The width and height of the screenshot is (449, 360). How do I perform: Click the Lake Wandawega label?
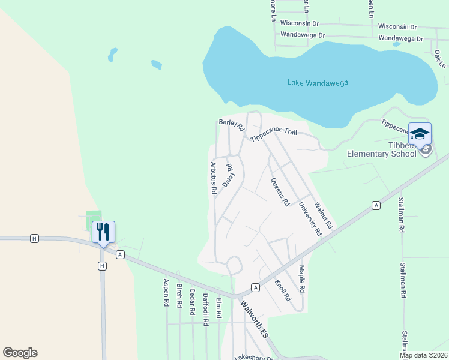click(318, 83)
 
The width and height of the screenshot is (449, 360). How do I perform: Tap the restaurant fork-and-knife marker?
click(103, 232)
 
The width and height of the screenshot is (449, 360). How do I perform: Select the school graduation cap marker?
click(420, 134)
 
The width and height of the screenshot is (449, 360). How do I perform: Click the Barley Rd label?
click(232, 124)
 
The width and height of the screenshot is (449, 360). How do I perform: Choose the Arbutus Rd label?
click(213, 177)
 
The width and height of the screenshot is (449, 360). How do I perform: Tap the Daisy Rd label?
click(228, 175)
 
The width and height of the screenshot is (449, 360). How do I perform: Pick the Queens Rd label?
click(280, 192)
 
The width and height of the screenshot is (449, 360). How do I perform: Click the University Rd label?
click(310, 218)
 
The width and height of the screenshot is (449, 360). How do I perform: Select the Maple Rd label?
click(302, 280)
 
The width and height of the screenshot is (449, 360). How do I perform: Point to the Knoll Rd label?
click(283, 290)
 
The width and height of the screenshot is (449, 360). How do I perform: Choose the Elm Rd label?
click(218, 307)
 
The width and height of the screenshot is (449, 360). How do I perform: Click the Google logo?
click(20, 353)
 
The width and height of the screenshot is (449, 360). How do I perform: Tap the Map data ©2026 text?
click(423, 355)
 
